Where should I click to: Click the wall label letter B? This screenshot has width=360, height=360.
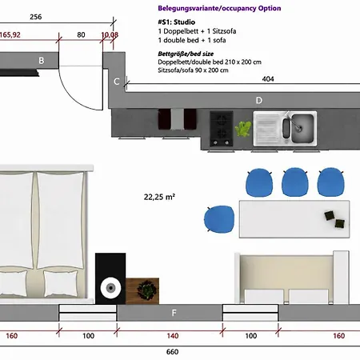[x=42, y=61]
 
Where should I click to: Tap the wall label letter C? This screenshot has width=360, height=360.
[x=117, y=82]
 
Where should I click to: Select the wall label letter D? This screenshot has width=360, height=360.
[x=258, y=100]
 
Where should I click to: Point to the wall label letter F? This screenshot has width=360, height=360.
[x=174, y=313]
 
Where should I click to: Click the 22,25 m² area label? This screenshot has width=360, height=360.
[x=159, y=197]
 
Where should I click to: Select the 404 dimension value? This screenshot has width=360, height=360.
[x=268, y=79]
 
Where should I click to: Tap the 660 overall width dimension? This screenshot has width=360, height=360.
[x=172, y=352]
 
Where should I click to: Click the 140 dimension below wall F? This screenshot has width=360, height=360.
[x=173, y=336]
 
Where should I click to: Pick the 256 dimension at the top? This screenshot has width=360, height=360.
[x=36, y=17]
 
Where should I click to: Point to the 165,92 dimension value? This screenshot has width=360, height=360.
[x=10, y=35]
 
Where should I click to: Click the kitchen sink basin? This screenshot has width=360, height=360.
[x=302, y=128]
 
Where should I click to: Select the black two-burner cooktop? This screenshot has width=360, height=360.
[x=222, y=129]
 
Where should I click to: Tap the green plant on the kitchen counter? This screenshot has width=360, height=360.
[x=243, y=129]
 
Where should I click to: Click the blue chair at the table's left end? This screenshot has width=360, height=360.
[x=219, y=219]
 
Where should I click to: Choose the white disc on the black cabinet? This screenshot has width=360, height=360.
[x=110, y=288]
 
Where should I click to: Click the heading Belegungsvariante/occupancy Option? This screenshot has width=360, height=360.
[x=219, y=8]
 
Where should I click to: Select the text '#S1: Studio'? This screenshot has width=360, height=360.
[x=176, y=22]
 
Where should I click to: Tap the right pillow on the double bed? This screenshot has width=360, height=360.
[x=61, y=283]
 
